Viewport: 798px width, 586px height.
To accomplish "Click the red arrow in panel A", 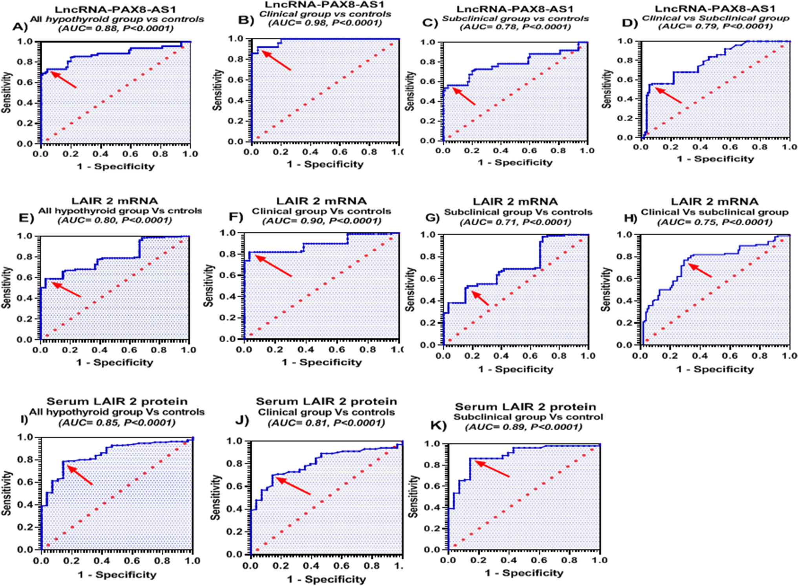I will (x=64, y=79).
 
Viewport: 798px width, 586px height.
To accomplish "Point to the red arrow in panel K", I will (x=492, y=469).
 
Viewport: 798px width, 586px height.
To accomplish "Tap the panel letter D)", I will (x=630, y=23).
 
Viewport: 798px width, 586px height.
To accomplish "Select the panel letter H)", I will (x=630, y=217).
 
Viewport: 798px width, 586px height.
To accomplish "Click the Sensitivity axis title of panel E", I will (x=7, y=287).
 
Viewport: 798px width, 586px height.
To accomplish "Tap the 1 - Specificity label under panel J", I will (x=326, y=579).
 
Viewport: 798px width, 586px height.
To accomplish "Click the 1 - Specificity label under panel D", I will (x=715, y=159).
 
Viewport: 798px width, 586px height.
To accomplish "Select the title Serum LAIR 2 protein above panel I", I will (x=117, y=401).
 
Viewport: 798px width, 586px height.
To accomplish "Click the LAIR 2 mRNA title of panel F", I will (x=321, y=201).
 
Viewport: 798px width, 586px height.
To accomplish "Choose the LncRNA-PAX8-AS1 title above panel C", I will (x=515, y=9).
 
